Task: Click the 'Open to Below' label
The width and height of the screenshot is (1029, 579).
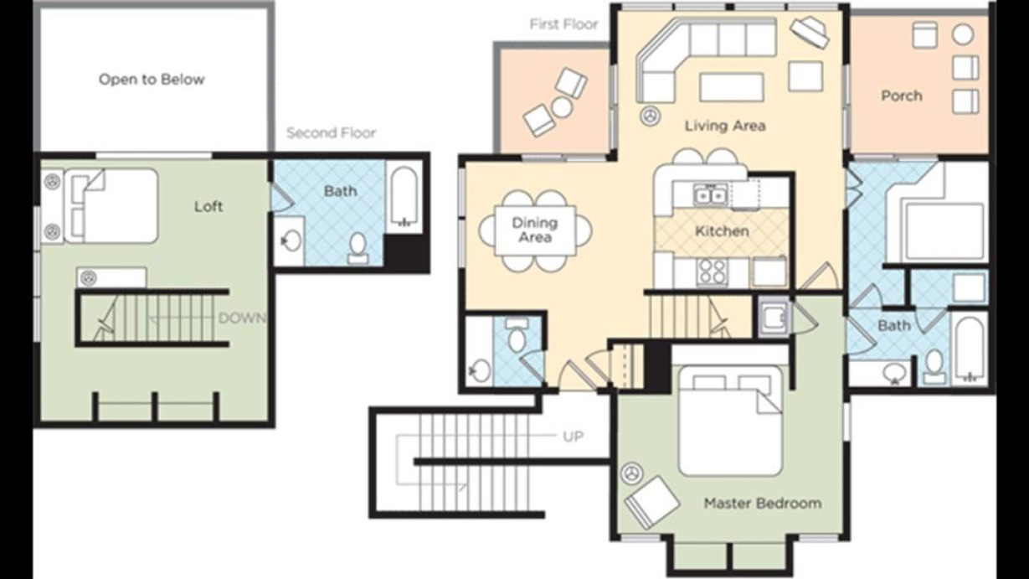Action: tap(152, 80)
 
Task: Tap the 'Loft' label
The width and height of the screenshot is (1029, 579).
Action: tap(208, 206)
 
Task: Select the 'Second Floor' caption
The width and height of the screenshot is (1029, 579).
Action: tap(332, 133)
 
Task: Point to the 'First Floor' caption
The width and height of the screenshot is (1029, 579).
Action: tap(564, 24)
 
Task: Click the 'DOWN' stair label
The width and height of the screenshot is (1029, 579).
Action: tap(242, 318)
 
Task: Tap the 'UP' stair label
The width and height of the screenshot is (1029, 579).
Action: tap(574, 436)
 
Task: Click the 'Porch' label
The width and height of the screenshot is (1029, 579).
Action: tap(902, 96)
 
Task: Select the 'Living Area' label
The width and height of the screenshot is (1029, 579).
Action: tap(725, 126)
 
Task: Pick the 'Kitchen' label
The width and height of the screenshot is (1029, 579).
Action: tap(722, 231)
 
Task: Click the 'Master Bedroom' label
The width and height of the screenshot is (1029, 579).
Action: tap(763, 503)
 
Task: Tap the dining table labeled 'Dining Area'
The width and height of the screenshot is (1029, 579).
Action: tap(536, 230)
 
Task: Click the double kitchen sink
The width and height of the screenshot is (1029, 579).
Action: tap(710, 195)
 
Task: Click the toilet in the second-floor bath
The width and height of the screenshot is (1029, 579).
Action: tap(358, 248)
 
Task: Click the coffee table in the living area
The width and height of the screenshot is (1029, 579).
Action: tap(732, 87)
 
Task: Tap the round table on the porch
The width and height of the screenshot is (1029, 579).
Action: tap(963, 34)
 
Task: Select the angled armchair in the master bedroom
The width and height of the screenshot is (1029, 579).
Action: tap(652, 503)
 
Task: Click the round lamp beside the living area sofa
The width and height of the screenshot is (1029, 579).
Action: tap(651, 115)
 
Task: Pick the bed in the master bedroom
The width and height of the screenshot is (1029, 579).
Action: tap(730, 421)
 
